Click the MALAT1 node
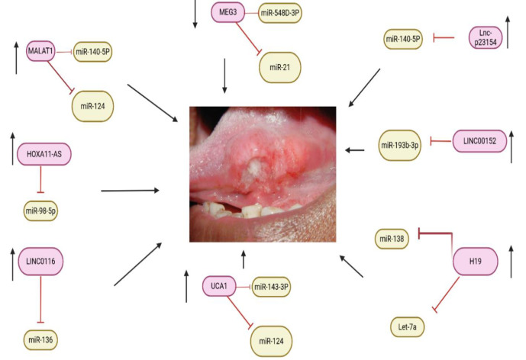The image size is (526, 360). [x=42, y=50]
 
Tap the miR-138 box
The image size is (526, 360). [x=395, y=239]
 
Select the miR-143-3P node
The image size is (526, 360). [x=271, y=286]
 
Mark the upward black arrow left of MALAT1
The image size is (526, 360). [x=16, y=58]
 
